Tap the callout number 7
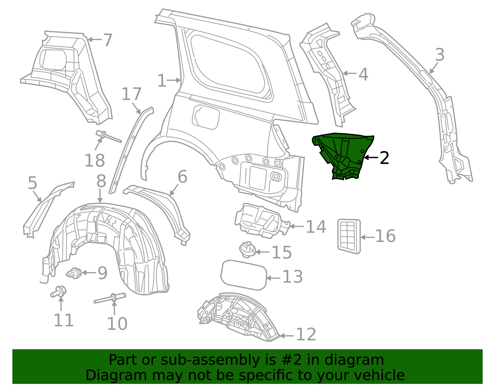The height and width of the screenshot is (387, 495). pyautogui.click(x=107, y=40)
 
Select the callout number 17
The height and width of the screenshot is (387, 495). pyautogui.click(x=131, y=94)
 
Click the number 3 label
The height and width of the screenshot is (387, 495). pyautogui.click(x=440, y=55)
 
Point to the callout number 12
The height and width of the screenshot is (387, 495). pyautogui.click(x=306, y=335)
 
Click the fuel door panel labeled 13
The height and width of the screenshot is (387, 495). pyautogui.click(x=244, y=275)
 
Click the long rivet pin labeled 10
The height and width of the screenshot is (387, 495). pyautogui.click(x=110, y=298)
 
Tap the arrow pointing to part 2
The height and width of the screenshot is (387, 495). pyautogui.click(x=370, y=157)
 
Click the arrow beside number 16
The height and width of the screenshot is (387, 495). pyautogui.click(x=368, y=237)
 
